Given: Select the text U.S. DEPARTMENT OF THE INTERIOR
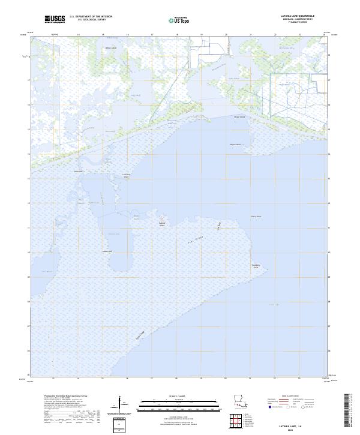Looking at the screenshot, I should pyautogui.click(x=91, y=16).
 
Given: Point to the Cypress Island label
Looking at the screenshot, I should pyautogui.click(x=161, y=224).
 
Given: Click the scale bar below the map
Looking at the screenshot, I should pyautogui.click(x=172, y=406).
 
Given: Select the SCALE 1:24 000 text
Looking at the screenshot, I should pyautogui.click(x=172, y=397).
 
